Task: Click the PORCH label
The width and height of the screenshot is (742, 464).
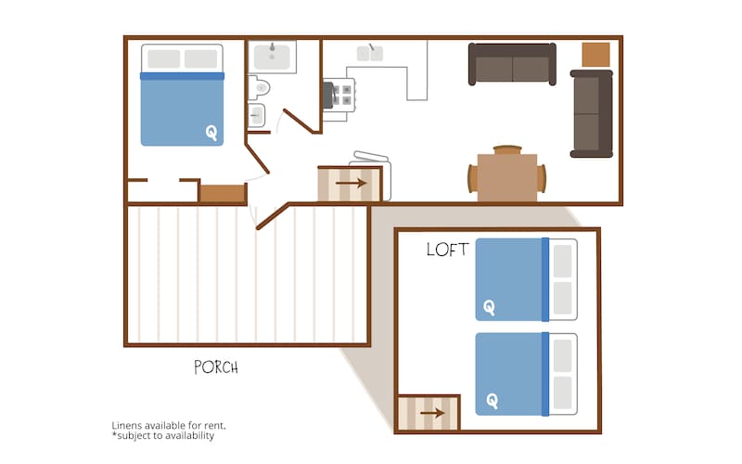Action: (216, 367)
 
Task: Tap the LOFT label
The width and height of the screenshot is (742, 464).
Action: (447, 250)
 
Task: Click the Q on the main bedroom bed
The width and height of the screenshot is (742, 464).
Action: (211, 133)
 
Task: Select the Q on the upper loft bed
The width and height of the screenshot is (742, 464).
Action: (490, 308)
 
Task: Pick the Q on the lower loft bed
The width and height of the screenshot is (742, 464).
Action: (493, 402)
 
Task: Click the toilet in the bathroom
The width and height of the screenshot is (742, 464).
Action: (259, 87)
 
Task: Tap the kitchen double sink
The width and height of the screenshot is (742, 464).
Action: (370, 53)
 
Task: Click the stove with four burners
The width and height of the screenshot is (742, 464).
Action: (339, 95)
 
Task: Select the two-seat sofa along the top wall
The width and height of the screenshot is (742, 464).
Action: (512, 64)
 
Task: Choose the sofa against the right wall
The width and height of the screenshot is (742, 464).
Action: (592, 113)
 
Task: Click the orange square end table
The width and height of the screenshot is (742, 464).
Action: (595, 55)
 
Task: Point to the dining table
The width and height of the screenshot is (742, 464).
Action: (506, 177)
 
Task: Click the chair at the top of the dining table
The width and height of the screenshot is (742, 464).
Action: (507, 149)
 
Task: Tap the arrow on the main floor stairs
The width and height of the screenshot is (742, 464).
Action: (351, 183)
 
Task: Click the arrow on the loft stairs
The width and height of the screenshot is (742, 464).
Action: (432, 413)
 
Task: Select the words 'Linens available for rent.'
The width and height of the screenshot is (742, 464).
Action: (169, 425)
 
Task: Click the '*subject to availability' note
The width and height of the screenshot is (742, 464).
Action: (163, 435)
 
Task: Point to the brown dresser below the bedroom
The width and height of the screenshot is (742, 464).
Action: (223, 193)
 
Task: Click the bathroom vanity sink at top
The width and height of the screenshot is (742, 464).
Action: (272, 57)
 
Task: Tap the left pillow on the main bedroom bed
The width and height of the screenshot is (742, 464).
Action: (164, 58)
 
